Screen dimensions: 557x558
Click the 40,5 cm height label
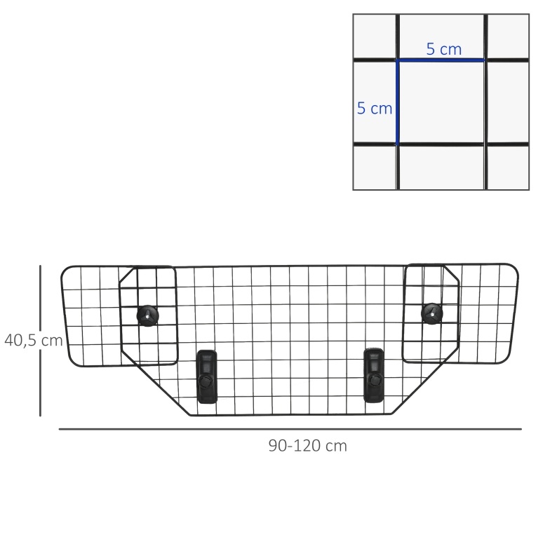(x=34, y=341)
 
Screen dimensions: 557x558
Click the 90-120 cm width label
(x=308, y=446)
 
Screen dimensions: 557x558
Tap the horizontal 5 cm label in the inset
(x=444, y=49)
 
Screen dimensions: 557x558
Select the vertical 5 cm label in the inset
(x=375, y=108)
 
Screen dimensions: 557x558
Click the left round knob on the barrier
(x=148, y=315)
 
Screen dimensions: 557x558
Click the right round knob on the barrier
(x=432, y=313)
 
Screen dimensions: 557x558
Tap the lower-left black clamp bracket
(x=207, y=376)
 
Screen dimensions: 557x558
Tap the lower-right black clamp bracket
(x=374, y=376)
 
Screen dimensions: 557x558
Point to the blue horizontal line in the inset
(x=441, y=60)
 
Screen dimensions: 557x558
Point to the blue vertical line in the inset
(x=397, y=102)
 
